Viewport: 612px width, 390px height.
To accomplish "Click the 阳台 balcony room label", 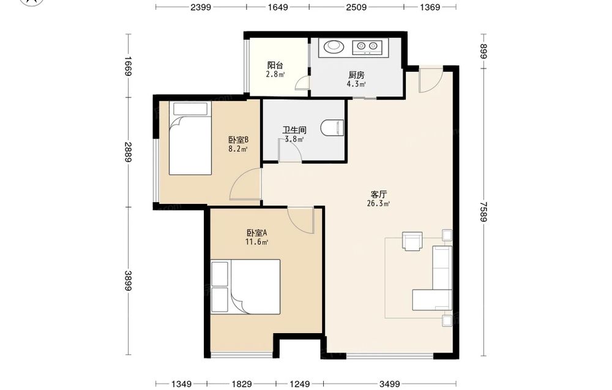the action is coord(275,65).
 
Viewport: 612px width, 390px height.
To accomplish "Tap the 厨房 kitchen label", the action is coord(356,75).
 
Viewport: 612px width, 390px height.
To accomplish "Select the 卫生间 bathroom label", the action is coord(294,130).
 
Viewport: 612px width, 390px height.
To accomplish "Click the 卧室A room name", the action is coord(257,233).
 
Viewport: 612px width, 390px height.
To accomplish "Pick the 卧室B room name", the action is coord(239,140).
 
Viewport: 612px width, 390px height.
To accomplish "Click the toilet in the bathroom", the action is coord(332,128).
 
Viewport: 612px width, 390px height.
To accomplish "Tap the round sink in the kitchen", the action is coord(333,46).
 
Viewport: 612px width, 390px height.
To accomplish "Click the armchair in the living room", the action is coord(412,241).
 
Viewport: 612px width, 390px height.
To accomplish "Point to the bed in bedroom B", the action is coord(190,138).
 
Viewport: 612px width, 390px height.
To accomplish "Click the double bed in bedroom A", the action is coord(245,287).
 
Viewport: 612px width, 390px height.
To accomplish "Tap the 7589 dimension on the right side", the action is coord(484,212).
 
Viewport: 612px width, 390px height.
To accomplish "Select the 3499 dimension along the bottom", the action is coord(389,384).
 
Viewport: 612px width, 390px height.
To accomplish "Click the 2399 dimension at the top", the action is coord(201,7).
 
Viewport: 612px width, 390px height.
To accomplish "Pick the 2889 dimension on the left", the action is coord(129,152).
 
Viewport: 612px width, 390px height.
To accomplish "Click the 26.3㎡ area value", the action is coord(379,203).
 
